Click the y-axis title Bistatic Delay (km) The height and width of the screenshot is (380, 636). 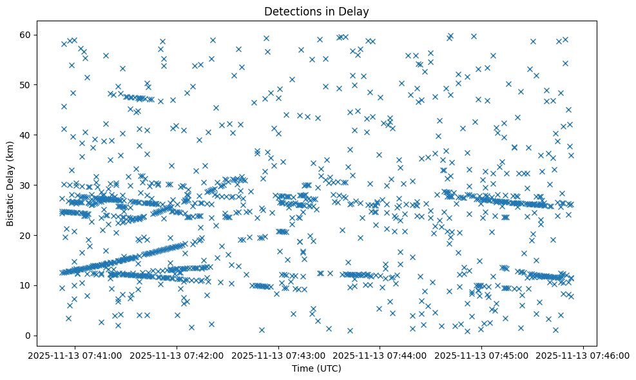click(10, 184)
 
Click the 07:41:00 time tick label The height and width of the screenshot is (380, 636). click(75, 355)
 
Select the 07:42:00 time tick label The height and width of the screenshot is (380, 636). click(177, 355)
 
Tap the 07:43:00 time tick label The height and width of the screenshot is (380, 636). click(279, 355)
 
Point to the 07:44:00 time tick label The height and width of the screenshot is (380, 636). click(381, 355)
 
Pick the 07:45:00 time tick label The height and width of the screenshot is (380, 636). click(483, 355)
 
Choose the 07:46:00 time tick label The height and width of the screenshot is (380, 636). click(584, 355)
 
